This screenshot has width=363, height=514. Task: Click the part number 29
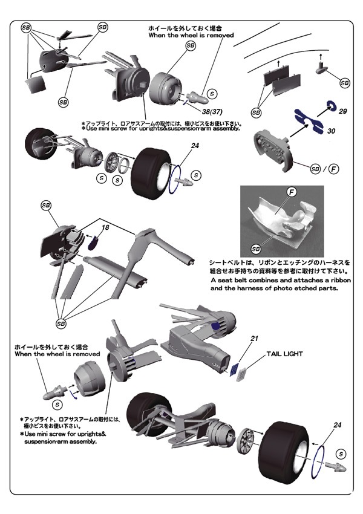(342, 112)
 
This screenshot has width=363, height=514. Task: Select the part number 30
(331, 131)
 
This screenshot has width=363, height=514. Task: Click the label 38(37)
(211, 112)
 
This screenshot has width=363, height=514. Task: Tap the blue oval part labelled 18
(94, 243)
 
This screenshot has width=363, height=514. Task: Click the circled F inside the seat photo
(291, 192)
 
